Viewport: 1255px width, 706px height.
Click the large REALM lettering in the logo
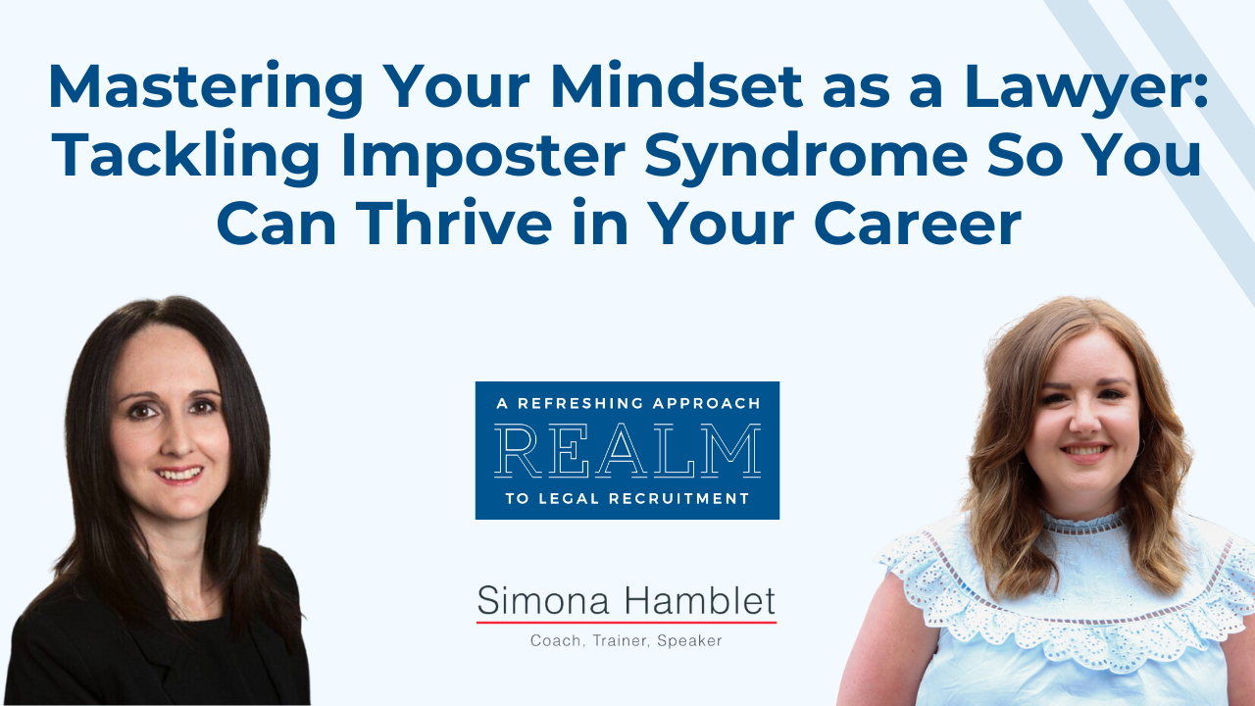tap(627, 450)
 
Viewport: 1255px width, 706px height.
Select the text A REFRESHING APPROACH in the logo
tap(627, 403)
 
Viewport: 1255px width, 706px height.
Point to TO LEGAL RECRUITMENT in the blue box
tap(627, 499)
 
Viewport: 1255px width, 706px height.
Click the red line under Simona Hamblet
tap(627, 622)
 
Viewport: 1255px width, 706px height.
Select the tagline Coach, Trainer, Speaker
tap(627, 641)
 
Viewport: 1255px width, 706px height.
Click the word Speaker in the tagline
tap(691, 641)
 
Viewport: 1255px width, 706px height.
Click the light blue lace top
tap(1069, 608)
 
